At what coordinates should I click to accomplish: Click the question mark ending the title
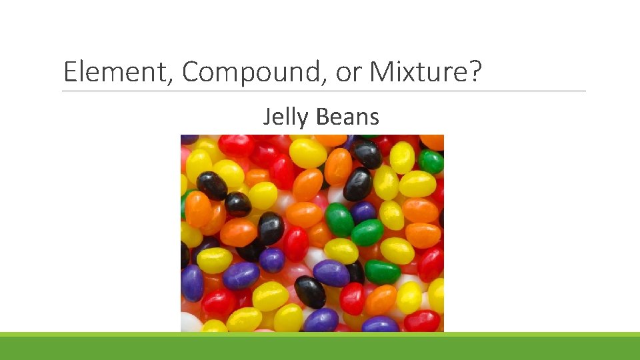pyautogui.click(x=474, y=71)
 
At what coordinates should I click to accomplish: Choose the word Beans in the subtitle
pyautogui.click(x=347, y=117)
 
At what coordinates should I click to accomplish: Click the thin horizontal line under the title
pyautogui.click(x=324, y=91)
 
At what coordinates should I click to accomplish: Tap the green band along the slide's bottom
pyautogui.click(x=320, y=346)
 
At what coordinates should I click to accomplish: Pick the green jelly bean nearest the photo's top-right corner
pyautogui.click(x=431, y=161)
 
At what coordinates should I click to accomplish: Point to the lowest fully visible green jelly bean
pyautogui.click(x=382, y=271)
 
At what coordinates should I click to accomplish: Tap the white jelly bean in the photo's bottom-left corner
pyautogui.click(x=191, y=323)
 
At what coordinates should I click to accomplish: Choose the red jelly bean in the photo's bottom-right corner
pyautogui.click(x=422, y=321)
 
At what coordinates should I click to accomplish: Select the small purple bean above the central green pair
pyautogui.click(x=363, y=212)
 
